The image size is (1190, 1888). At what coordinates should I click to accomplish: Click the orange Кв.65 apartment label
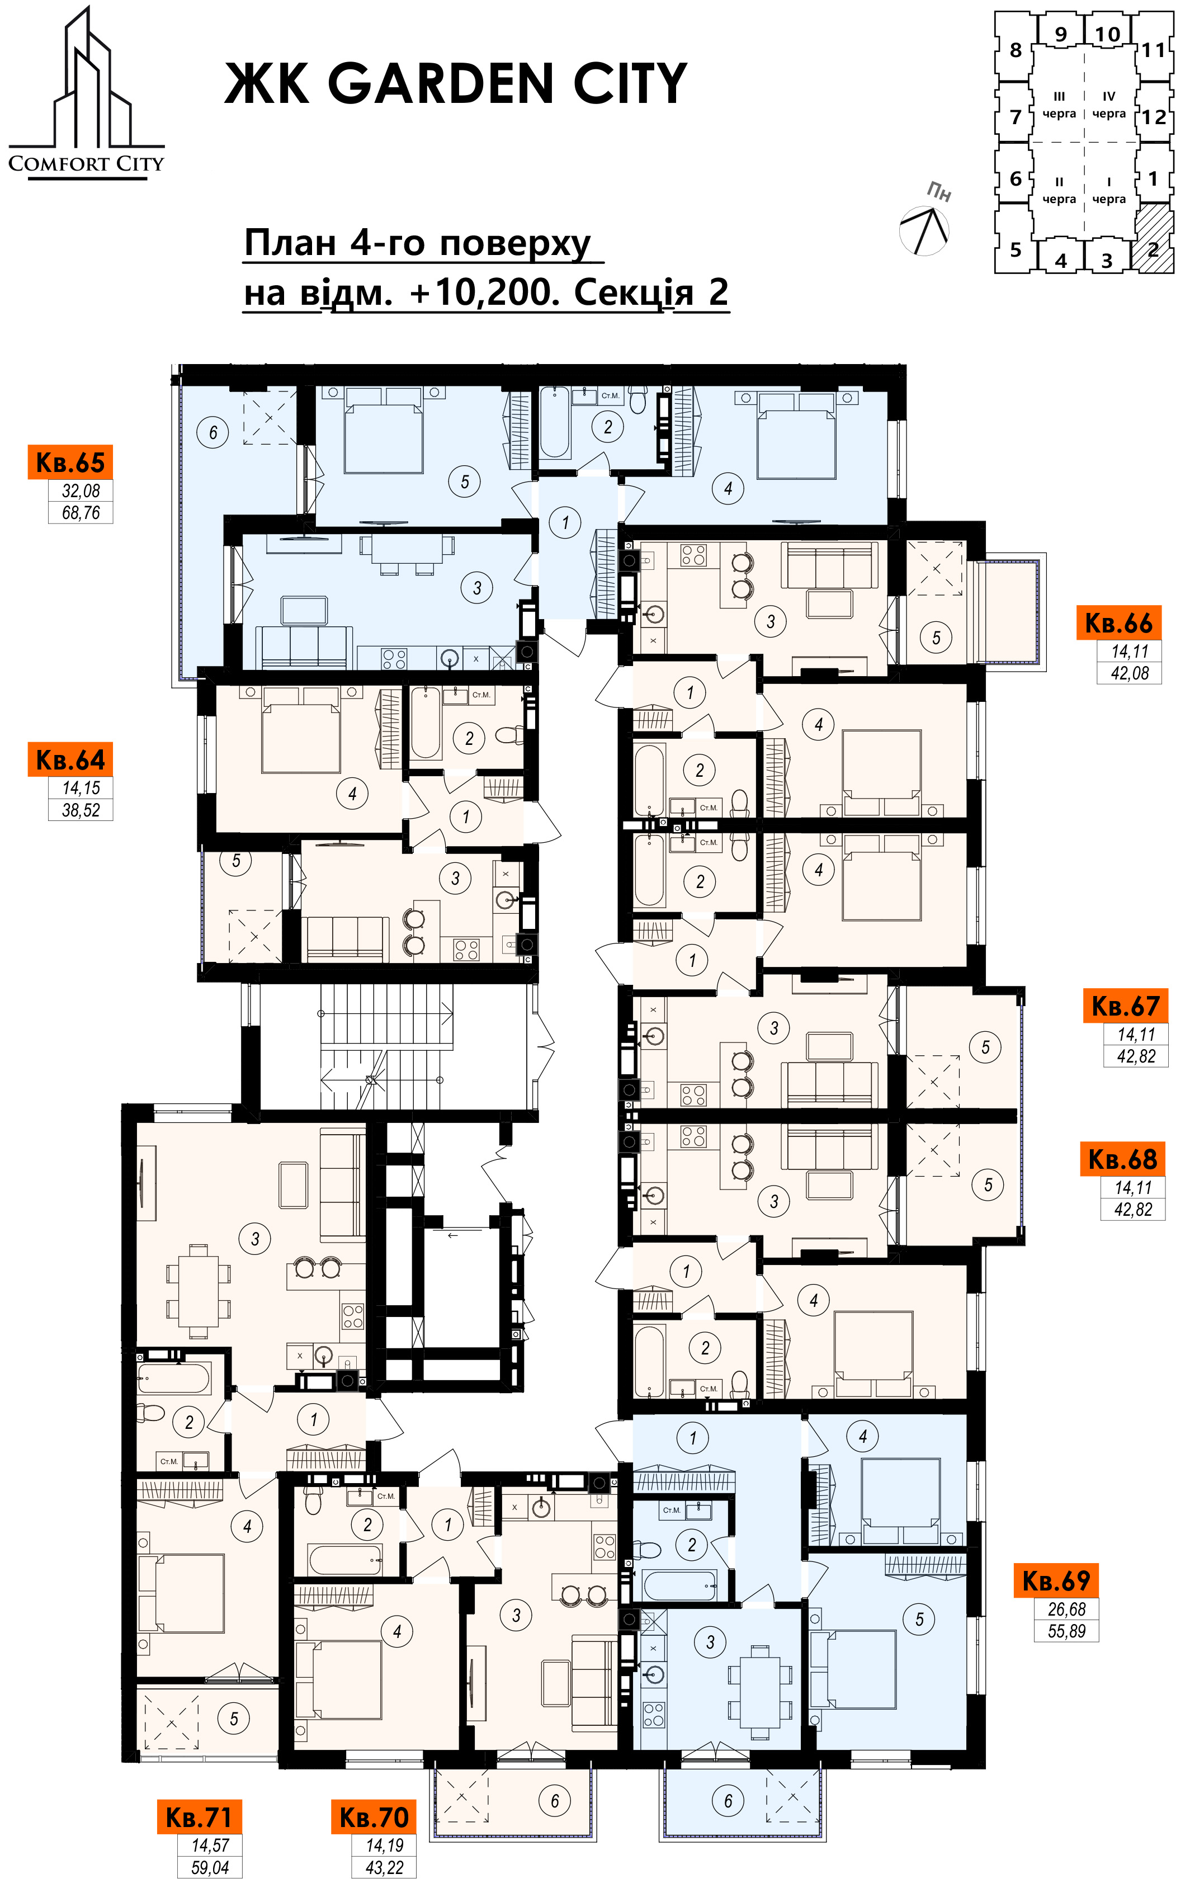pyautogui.click(x=70, y=462)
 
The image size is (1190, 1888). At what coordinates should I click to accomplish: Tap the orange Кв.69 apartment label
pyautogui.click(x=1055, y=1580)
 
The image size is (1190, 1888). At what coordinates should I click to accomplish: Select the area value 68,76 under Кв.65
pyautogui.click(x=81, y=513)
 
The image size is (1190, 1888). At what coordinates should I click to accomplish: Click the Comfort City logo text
pyautogui.click(x=86, y=164)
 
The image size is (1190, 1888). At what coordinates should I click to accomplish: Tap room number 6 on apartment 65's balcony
pyautogui.click(x=213, y=432)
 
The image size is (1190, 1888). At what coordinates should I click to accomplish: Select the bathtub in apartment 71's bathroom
pyautogui.click(x=175, y=1377)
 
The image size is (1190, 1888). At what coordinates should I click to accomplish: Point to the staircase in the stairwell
pyautogui.click(x=386, y=1046)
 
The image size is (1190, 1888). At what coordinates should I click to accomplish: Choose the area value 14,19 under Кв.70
pyautogui.click(x=384, y=1845)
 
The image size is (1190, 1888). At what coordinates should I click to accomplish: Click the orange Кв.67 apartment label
pyautogui.click(x=1125, y=1006)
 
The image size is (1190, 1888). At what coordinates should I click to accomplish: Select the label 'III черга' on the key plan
pyautogui.click(x=1059, y=105)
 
